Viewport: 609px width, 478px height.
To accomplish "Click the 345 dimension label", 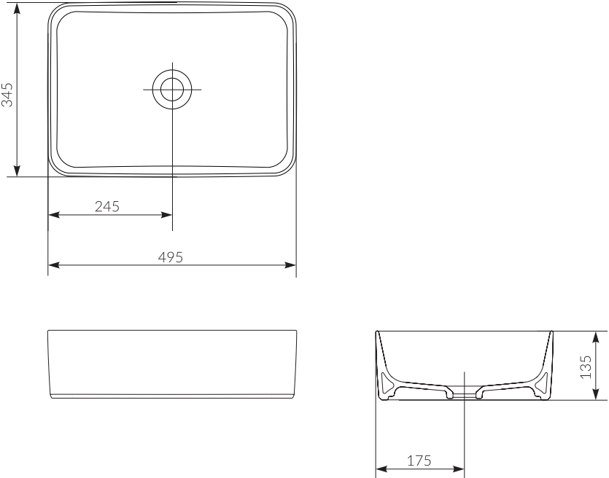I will click(x=8, y=94).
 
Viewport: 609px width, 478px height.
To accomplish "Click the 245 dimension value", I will click(x=107, y=206).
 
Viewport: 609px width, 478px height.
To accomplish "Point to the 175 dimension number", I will click(x=419, y=461).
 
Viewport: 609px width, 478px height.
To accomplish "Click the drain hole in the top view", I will click(x=172, y=89).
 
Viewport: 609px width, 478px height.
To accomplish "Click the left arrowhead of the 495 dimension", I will click(x=53, y=265).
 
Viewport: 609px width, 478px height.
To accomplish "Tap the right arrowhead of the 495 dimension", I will click(x=291, y=265).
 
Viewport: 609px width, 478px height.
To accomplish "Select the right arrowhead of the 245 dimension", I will click(x=167, y=215).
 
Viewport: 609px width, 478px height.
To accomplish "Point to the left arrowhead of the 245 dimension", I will click(x=53, y=215).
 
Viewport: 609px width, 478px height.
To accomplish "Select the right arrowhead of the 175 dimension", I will click(x=459, y=469).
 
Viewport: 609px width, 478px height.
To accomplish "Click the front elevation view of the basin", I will click(x=172, y=364).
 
